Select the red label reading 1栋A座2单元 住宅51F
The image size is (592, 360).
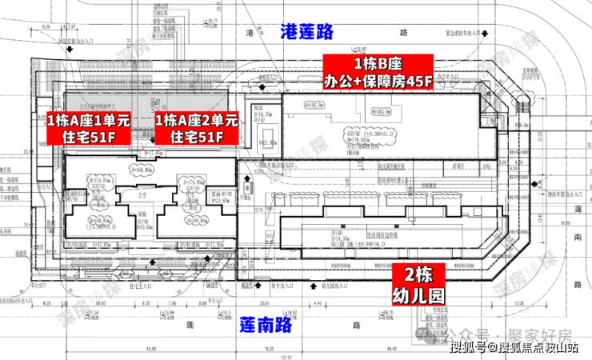point(196,129)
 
